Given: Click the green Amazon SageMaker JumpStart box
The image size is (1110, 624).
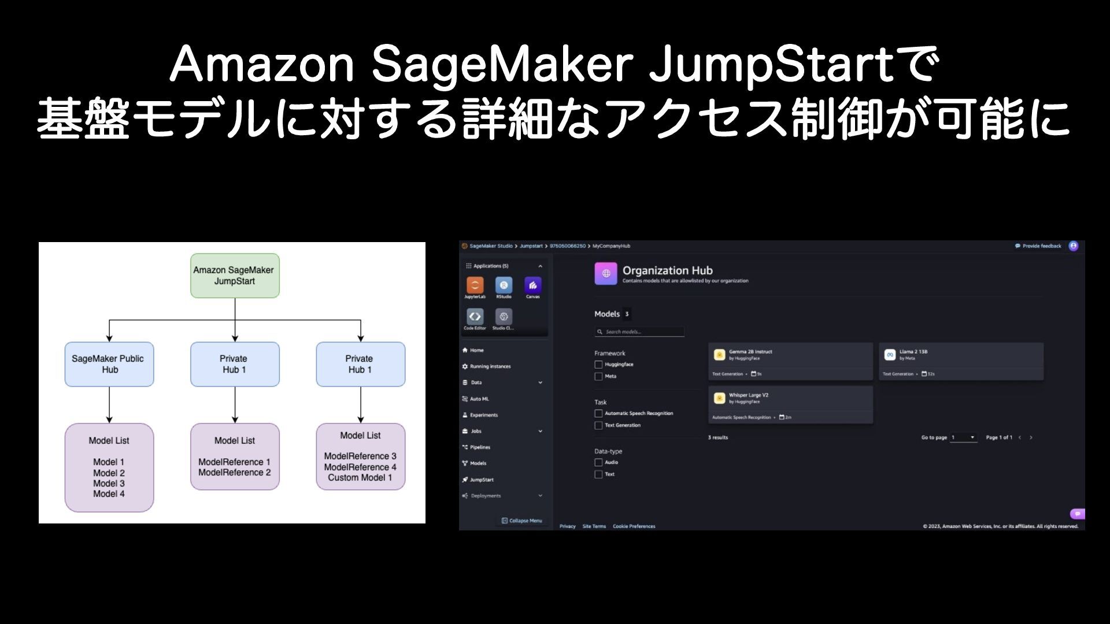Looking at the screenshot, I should pos(235,276).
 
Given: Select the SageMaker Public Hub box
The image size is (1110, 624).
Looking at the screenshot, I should pos(109,364).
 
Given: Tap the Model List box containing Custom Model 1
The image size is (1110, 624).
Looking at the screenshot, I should pos(360,456).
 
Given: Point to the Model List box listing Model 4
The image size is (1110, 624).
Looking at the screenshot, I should pos(109,467).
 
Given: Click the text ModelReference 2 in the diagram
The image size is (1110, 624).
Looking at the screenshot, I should pos(234,473).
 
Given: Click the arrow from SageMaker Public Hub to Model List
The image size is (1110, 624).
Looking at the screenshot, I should pos(109,404).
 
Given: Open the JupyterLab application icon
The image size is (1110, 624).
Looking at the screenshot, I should pos(475,285).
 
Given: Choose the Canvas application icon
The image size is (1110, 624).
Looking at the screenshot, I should pos(532,285).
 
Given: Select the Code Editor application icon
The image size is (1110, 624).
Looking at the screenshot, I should pos(475,317).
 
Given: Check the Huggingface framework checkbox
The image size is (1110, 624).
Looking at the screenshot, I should pos(598,365).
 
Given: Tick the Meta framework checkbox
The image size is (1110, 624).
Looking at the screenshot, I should pos(598,377).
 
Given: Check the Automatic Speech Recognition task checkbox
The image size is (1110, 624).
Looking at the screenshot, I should pos(598,414).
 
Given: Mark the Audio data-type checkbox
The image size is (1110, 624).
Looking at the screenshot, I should pos(598,463).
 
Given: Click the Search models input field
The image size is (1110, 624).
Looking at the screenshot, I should pos(641,332).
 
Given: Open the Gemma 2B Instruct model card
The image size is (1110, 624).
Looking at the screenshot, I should pos(790,361).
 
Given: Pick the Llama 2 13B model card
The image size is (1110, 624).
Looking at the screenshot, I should pos(961,361).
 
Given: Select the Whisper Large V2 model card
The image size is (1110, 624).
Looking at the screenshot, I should pos(790,404).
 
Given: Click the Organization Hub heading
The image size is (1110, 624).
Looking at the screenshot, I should pos(667,270).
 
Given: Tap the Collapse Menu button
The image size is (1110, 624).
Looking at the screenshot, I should pos(522,521).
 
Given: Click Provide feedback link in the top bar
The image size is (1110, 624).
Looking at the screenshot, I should pos(1038,246).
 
